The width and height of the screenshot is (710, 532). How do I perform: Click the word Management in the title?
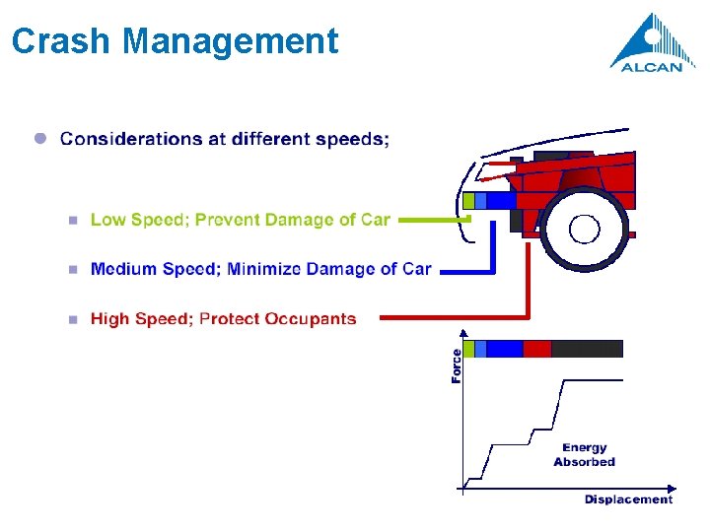tap(232, 41)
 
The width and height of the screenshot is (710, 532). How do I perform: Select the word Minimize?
tap(266, 269)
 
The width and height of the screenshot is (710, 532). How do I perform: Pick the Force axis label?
tap(457, 366)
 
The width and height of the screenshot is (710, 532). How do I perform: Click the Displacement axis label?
tap(628, 499)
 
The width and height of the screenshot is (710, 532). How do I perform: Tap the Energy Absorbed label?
tap(585, 455)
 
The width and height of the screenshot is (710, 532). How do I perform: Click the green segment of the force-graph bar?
tap(468, 348)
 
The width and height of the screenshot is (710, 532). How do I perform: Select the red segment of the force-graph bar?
tap(536, 348)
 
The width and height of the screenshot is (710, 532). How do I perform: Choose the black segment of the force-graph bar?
tap(587, 348)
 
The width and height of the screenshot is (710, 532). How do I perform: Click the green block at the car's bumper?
tap(468, 201)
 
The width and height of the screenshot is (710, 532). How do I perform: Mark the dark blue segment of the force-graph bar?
tap(504, 348)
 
